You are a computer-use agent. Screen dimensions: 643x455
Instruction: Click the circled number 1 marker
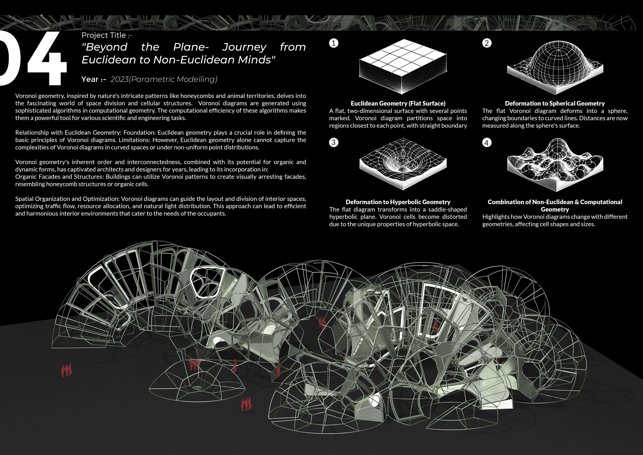[x=333, y=43]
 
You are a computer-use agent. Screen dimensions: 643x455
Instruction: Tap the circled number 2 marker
[x=487, y=43]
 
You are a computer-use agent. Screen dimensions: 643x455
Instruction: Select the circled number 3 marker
[x=333, y=142]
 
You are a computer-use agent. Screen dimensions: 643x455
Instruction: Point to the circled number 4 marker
[x=487, y=143]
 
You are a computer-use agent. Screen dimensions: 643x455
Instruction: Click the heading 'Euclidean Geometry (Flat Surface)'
[x=398, y=103]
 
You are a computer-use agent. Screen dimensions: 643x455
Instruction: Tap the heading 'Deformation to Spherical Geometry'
[x=555, y=103]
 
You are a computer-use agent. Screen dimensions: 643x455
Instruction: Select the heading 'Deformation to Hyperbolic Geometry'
[x=398, y=202]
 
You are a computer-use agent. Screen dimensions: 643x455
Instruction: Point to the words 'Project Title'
[x=104, y=35]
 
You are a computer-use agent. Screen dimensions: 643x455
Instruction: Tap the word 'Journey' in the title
[x=244, y=47]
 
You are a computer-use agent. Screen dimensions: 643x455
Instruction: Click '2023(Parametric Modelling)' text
[x=164, y=79]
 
